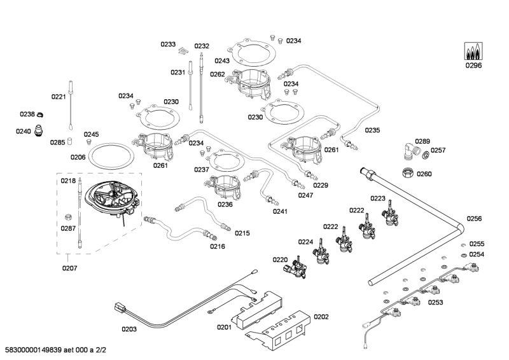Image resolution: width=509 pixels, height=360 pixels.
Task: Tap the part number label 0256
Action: tap(474, 218)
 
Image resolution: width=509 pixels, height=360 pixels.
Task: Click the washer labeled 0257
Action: tap(424, 154)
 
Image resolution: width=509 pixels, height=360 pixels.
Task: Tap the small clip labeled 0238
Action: tap(39, 114)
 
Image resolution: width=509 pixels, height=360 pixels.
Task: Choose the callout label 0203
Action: tap(129, 329)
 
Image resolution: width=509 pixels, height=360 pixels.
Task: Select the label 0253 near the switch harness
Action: tap(436, 303)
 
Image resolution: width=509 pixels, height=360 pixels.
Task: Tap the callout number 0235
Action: tap(372, 130)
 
